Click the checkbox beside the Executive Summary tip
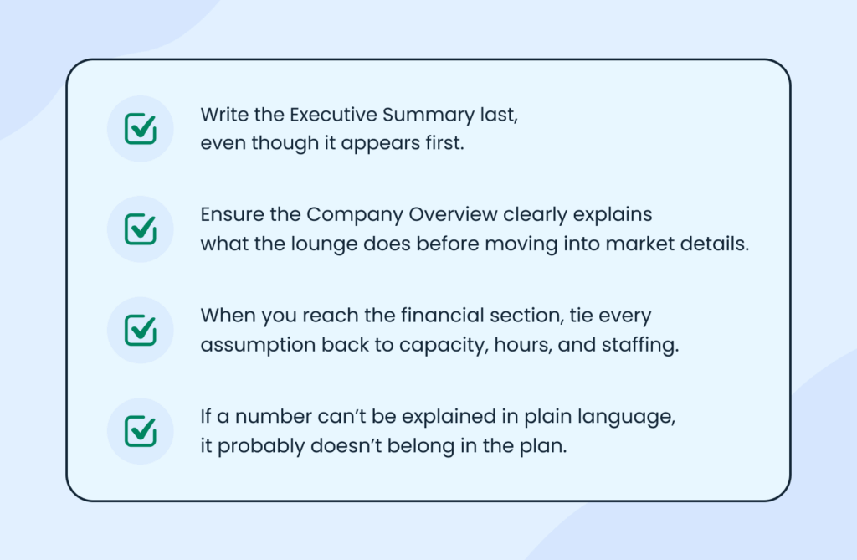[140, 129]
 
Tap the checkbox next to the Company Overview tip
[140, 229]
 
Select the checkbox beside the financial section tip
[140, 330]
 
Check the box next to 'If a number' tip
[140, 430]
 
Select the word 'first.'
[441, 143]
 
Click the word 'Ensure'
[228, 215]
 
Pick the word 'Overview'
[453, 215]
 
